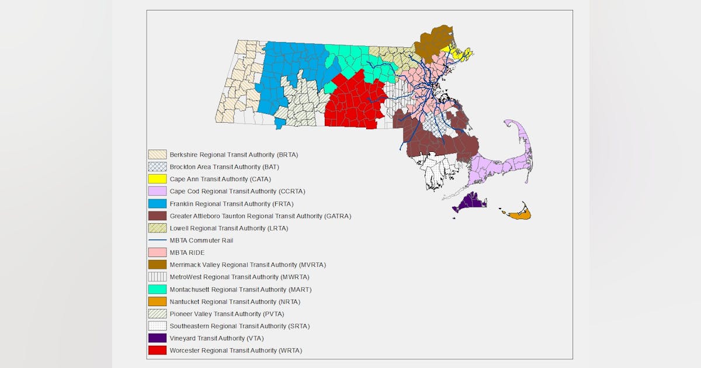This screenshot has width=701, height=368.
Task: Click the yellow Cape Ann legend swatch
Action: pos(157,179)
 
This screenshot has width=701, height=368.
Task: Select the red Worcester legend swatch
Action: pos(157,350)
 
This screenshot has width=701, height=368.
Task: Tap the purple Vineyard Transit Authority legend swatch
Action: pos(157,338)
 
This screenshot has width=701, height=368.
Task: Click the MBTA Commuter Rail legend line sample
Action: pos(157,240)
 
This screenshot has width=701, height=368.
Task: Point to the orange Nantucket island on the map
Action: pos(520,215)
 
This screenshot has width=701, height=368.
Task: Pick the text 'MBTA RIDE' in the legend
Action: pos(187,252)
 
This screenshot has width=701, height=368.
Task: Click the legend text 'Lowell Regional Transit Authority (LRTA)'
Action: pos(228,228)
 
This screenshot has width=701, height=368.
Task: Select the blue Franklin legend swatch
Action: pos(157,203)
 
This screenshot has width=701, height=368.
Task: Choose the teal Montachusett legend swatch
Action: pos(157,289)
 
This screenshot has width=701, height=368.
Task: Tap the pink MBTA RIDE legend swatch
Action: pos(157,252)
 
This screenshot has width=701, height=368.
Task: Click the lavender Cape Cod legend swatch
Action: pos(157,191)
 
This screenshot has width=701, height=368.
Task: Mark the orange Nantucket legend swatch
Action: pos(157,301)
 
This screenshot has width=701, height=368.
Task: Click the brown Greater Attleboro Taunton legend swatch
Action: pos(157,216)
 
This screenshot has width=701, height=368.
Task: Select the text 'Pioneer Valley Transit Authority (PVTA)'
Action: pos(227,314)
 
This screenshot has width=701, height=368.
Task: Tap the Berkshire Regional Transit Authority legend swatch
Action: pos(157,154)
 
